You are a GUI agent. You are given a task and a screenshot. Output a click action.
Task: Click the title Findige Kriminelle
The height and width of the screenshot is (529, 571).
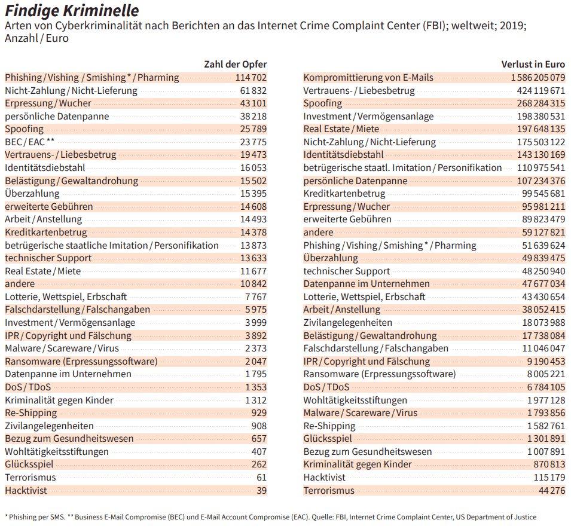[x=72, y=11]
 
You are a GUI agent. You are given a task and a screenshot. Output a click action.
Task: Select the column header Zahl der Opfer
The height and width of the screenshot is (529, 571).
[x=235, y=65]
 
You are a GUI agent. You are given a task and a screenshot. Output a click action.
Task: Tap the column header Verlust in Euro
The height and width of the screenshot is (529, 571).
[x=533, y=65]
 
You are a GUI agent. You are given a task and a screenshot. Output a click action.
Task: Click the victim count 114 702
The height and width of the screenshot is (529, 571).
[x=251, y=78]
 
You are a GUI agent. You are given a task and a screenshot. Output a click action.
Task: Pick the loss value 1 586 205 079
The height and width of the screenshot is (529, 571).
[x=538, y=78]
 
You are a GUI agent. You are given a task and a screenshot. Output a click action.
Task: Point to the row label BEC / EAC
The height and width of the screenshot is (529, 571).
[x=29, y=142]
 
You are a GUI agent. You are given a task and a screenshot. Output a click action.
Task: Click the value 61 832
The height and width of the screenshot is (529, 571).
[x=254, y=91]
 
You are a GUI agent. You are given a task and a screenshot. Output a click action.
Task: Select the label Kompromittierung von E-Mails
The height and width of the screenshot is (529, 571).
[x=368, y=78]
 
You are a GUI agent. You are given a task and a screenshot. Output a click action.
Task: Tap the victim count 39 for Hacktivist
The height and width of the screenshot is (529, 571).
[x=261, y=490]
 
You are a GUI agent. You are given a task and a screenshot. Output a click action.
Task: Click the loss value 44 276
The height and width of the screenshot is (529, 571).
[x=552, y=490]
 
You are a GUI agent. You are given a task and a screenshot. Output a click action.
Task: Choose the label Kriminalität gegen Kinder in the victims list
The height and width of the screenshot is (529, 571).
[x=59, y=400]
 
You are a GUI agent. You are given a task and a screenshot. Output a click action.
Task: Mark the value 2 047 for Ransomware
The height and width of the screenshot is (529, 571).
[x=256, y=362]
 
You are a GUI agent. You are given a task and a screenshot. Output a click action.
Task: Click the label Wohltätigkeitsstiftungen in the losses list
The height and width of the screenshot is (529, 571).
[x=355, y=400]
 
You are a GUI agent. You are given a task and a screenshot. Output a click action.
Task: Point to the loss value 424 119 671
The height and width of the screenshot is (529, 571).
[x=541, y=91]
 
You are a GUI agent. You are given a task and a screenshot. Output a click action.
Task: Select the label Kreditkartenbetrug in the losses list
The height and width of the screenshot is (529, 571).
[x=344, y=194]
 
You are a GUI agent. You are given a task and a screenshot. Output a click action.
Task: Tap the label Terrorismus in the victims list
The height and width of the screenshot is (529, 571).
[x=30, y=478]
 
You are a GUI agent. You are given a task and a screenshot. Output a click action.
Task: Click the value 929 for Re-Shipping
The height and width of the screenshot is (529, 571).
[x=259, y=413]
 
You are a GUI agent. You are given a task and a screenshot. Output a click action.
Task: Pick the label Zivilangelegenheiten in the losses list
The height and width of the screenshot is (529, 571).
[x=348, y=323]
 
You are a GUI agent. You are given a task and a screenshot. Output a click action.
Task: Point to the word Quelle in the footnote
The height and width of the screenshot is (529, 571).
[x=322, y=517]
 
